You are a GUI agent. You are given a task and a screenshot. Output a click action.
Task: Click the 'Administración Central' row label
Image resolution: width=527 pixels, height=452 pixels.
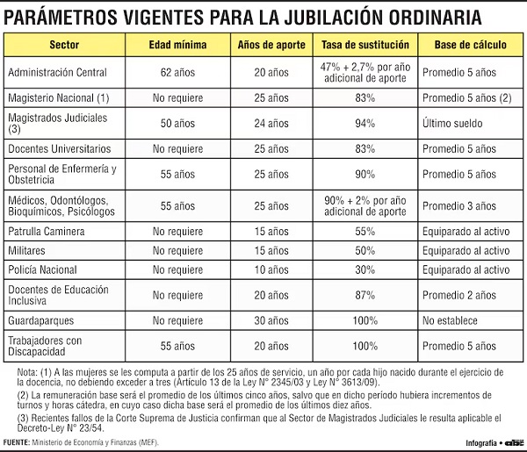tap(56, 72)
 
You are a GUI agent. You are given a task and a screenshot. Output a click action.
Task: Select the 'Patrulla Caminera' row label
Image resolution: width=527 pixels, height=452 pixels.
tap(45, 232)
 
